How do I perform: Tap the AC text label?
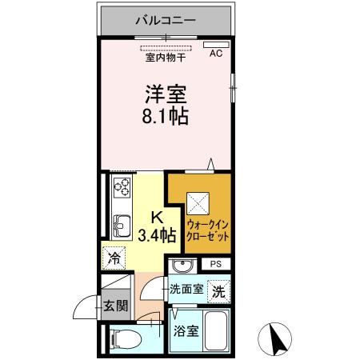(x=215, y=54)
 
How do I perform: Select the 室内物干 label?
(x=166, y=58)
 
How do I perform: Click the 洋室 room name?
(x=166, y=94)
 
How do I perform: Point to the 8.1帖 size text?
(x=166, y=118)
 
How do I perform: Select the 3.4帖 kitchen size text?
(x=156, y=235)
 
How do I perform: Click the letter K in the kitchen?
(x=158, y=216)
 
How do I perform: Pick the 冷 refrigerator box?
(x=115, y=259)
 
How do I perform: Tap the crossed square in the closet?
(x=198, y=202)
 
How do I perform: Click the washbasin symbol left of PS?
(x=181, y=265)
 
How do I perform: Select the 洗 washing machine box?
(x=218, y=292)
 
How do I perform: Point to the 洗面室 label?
(x=186, y=290)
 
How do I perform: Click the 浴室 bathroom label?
(x=186, y=330)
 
